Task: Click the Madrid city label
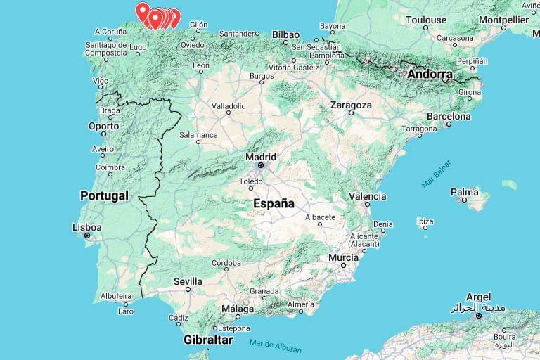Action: pos(261,157)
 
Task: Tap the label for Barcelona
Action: pos(449,116)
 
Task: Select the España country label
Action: pos(274,203)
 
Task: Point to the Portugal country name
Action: pos(104,195)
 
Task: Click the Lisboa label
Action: pos(87,227)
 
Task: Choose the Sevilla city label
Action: pos(188,281)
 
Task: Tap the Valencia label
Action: pos(367,197)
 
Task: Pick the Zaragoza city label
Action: pos(350,105)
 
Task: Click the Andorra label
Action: pos(430,74)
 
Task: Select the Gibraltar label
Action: pos(207,340)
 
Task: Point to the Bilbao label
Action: pos(285,34)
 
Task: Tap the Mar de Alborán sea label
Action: pos(275,346)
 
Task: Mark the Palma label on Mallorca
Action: pos(464,191)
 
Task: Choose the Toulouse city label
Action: pos(426,20)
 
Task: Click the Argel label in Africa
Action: pos(477,297)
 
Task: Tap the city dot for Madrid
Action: pos(261,166)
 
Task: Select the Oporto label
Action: pos(103,127)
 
